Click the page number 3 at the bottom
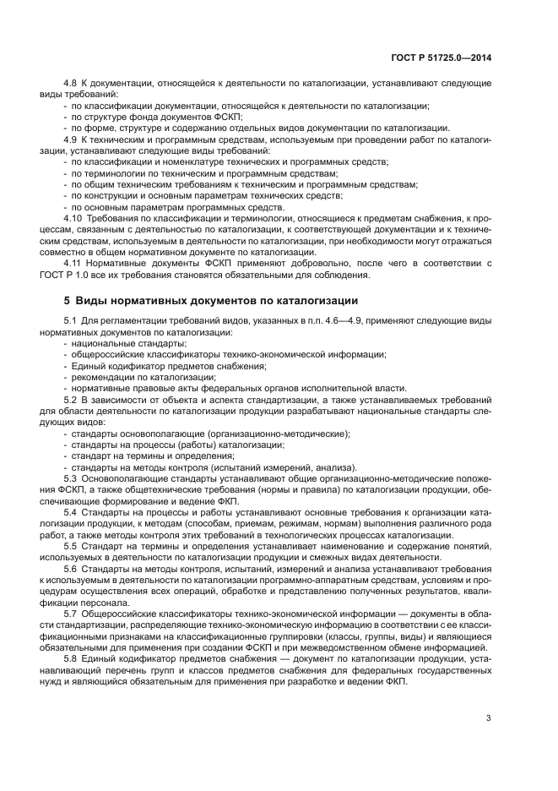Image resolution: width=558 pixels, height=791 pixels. (488, 718)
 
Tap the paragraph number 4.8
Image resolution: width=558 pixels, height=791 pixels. (71, 84)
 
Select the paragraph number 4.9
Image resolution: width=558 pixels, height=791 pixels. (71, 139)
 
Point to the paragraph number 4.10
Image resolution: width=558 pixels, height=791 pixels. (73, 217)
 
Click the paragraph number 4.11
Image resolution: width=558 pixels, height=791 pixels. (73, 262)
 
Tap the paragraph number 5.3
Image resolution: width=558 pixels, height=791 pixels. (71, 477)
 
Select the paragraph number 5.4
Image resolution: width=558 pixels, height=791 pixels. (71, 511)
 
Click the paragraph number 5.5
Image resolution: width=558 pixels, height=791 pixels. (71, 545)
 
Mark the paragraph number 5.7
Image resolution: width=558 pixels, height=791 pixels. (71, 612)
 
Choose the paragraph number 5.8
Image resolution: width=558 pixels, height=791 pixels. (71, 657)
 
